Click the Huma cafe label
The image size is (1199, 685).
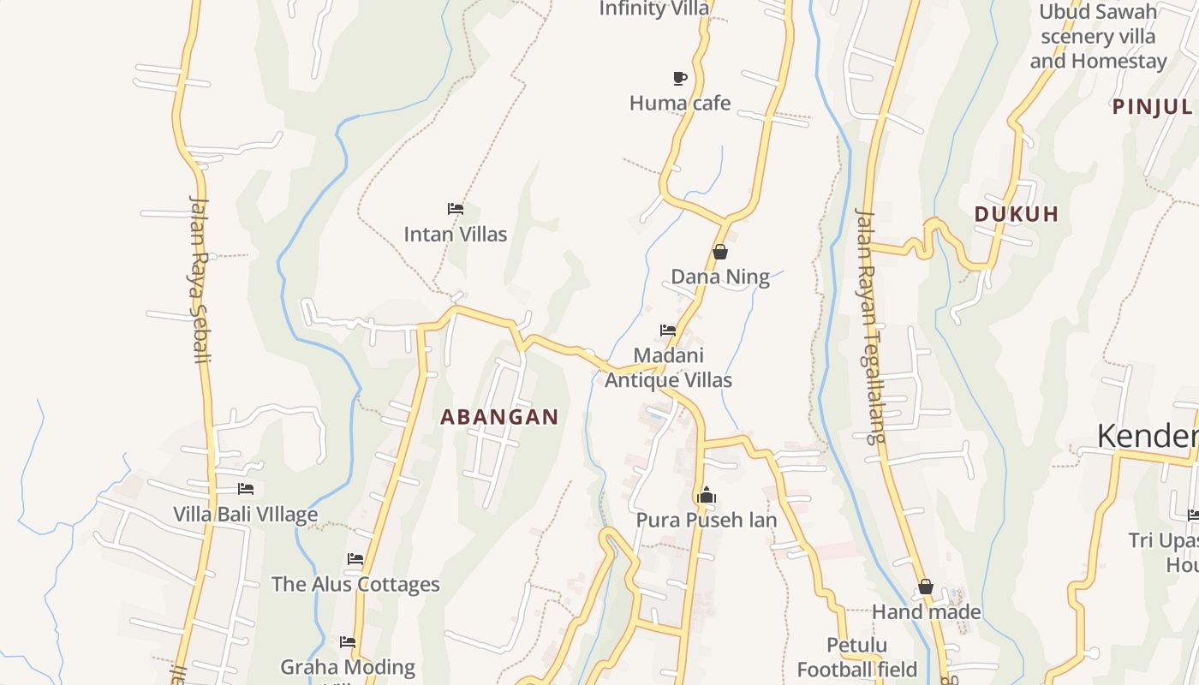680,104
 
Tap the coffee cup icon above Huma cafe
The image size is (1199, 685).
680,79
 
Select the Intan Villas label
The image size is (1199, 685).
456,234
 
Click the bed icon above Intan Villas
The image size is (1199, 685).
456,208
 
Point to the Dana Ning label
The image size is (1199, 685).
719,277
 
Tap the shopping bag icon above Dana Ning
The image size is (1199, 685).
720,252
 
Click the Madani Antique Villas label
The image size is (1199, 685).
668,367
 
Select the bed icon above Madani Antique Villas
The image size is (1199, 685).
668,330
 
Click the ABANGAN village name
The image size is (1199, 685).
499,418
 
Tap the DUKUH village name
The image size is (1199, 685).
1017,214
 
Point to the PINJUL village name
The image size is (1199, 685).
1152,107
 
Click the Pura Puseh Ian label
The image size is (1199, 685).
707,520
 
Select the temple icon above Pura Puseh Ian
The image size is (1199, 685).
707,495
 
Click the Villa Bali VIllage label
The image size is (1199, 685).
245,515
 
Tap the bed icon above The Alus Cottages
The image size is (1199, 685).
355,559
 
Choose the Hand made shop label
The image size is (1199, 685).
926,612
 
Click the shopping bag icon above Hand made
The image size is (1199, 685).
926,587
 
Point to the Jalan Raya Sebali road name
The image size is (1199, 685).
200,279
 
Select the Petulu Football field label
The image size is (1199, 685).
857,657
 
